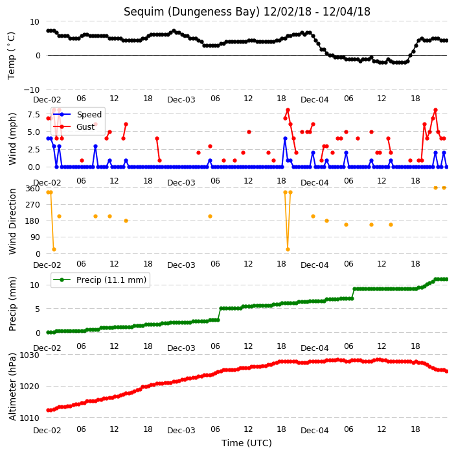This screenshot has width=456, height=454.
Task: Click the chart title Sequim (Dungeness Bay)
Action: point(191,12)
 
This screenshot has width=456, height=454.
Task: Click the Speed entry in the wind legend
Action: point(89,114)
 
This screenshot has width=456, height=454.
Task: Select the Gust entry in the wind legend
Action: point(85,127)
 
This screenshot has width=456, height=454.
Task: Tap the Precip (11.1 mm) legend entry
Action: point(111,280)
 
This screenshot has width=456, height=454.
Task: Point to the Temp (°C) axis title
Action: point(11,56)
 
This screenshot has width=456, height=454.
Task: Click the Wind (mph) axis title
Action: point(12,139)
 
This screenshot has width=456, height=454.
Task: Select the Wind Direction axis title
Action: point(12,222)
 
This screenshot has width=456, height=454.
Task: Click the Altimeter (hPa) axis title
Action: point(12,387)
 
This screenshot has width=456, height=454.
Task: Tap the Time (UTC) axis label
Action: point(247,443)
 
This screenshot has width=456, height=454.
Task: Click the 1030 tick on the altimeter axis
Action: point(29,355)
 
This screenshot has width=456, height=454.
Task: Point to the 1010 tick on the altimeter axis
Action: point(29,418)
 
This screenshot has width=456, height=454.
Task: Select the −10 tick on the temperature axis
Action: point(32,90)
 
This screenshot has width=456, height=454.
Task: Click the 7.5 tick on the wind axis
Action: point(34,114)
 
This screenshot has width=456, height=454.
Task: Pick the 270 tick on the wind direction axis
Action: point(33,205)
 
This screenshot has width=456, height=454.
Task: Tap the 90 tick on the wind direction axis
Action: point(35,237)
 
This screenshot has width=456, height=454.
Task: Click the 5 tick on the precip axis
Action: point(38,309)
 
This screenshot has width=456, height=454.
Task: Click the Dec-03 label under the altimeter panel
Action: point(181,431)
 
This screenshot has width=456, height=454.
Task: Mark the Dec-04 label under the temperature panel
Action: point(315,100)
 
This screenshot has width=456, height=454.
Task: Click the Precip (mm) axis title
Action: point(12,304)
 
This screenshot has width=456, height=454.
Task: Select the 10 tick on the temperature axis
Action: point(34,22)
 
